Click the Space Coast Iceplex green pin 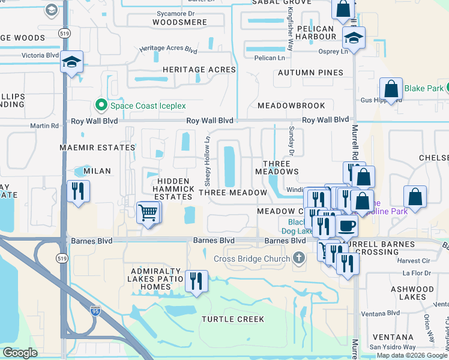(x=101, y=106)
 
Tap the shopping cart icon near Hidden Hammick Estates (x=148, y=212)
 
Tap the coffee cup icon (x=346, y=226)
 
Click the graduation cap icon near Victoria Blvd (x=71, y=62)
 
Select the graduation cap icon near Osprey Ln (x=354, y=38)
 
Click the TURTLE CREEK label (x=233, y=319)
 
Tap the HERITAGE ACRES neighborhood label (x=200, y=70)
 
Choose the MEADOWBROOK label (x=291, y=106)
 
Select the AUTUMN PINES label (x=310, y=73)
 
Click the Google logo (x=20, y=353)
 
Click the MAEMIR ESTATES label (x=97, y=147)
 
